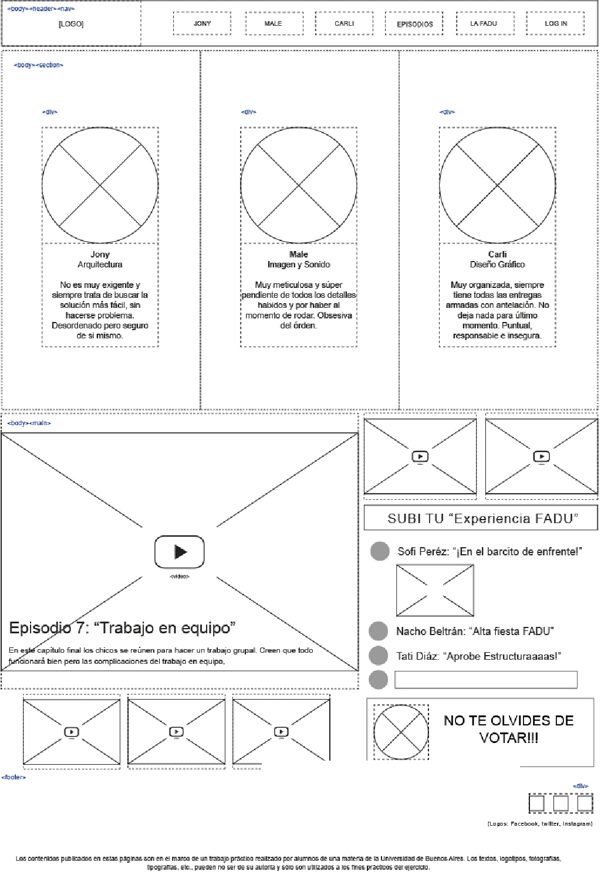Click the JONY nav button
(x=202, y=23)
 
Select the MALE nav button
(x=274, y=23)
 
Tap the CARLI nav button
(x=345, y=23)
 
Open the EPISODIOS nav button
(x=414, y=24)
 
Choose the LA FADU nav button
(x=484, y=23)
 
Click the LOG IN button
(x=555, y=23)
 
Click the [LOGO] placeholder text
(x=71, y=24)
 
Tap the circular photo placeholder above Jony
(x=100, y=185)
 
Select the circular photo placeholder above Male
(x=299, y=185)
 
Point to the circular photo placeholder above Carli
(x=497, y=185)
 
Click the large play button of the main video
(x=180, y=552)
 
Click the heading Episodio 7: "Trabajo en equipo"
(x=122, y=628)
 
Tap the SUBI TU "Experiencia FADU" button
(x=481, y=518)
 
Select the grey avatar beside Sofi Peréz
(x=380, y=551)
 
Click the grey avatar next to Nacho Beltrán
(x=379, y=631)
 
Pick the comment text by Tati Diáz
(x=478, y=656)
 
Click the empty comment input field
(x=486, y=680)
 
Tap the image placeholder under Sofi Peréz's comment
(x=435, y=591)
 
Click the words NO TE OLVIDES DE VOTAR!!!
(x=508, y=729)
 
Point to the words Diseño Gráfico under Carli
(x=497, y=264)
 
